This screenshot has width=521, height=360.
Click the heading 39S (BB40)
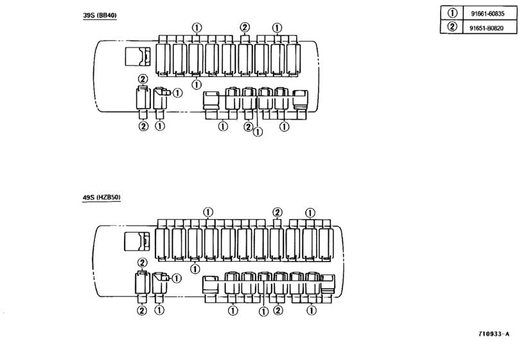(100, 15)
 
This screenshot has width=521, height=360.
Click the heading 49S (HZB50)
(102, 197)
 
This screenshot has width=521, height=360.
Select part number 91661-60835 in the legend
(488, 14)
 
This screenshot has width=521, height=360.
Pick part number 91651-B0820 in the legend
(486, 28)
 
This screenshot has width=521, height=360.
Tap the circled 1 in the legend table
(452, 13)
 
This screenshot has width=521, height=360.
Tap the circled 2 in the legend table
(452, 26)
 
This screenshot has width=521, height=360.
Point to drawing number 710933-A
(494, 334)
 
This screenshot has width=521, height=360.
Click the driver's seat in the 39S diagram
(137, 56)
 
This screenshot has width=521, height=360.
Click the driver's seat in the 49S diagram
(137, 241)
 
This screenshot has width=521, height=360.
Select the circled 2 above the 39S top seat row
(245, 27)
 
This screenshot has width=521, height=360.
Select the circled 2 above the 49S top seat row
(277, 212)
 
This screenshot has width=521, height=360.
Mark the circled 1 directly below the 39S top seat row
(197, 84)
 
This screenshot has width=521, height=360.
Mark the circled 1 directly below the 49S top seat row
(195, 268)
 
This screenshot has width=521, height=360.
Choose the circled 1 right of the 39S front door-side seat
(178, 93)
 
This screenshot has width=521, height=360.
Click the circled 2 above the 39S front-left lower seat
(143, 79)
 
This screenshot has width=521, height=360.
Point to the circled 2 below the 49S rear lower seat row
(278, 310)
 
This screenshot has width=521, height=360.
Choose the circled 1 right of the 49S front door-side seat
(177, 278)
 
